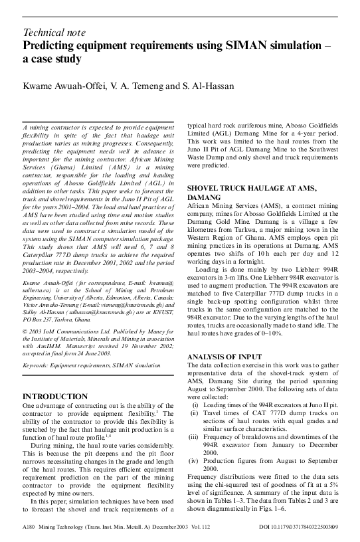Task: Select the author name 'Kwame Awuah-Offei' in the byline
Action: [60, 87]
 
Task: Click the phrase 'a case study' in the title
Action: [52, 59]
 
